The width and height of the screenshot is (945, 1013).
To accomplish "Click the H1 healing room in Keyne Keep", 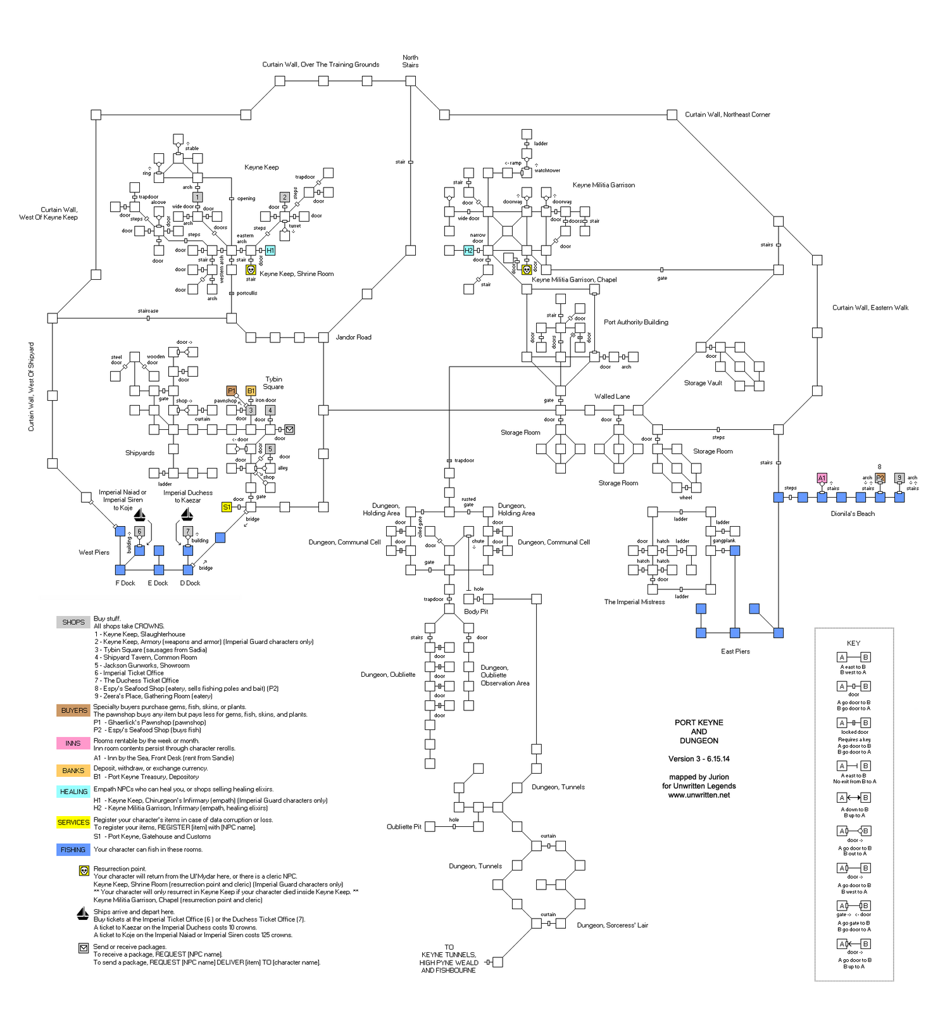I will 270,251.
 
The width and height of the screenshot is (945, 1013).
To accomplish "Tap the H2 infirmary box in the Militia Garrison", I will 468,251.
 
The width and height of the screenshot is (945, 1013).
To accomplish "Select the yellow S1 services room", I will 227,507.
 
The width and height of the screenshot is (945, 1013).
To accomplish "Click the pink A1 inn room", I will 822,478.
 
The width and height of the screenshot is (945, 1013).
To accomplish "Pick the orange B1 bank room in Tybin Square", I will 251,391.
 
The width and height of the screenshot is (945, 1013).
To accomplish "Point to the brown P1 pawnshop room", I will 232,391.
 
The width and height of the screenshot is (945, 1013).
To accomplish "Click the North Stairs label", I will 410,61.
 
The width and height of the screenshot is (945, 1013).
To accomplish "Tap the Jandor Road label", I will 353,337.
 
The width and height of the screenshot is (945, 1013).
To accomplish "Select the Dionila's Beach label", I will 853,513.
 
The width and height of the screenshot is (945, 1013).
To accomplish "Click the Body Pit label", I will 476,612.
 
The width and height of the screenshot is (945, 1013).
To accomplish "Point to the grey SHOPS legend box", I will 73,622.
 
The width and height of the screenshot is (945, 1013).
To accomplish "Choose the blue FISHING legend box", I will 73,850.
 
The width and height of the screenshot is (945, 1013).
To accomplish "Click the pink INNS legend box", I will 73,743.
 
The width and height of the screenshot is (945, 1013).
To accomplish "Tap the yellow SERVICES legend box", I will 73,822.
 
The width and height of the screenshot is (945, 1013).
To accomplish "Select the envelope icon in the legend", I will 84,948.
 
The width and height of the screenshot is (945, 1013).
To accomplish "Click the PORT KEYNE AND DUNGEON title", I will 699,731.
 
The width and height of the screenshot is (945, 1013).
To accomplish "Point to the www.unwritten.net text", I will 699,795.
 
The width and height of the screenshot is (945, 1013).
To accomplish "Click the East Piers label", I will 735,651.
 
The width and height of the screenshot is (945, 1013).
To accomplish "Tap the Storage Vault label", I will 703,383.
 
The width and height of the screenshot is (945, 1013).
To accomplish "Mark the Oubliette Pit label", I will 404,827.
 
